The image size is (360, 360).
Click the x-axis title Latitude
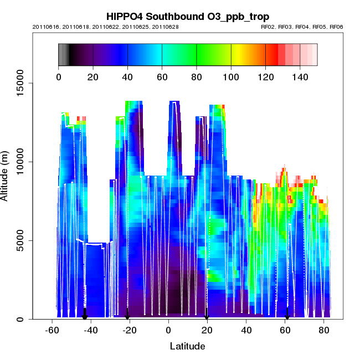[187, 346]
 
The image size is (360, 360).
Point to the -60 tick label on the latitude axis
[52, 330]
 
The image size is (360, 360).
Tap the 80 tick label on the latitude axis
[325, 330]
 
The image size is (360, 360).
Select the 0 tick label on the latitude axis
[168, 330]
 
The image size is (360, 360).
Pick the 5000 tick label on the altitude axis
[21, 240]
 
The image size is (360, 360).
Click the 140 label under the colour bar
[300, 76]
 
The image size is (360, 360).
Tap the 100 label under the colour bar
[231, 76]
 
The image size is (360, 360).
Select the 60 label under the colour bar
[162, 76]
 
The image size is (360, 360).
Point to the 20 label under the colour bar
[93, 76]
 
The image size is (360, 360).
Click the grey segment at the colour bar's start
[63, 55]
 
